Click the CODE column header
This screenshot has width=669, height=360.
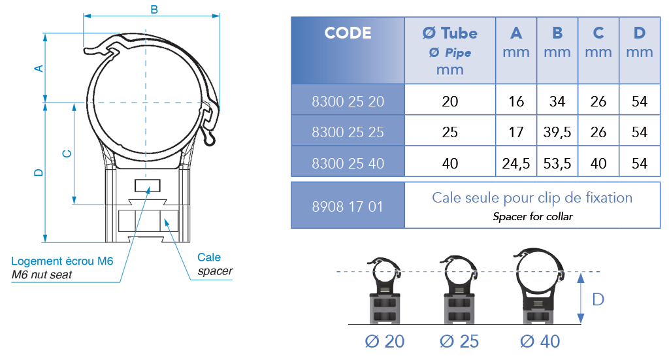[348, 33]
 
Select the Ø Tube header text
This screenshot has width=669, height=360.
[449, 33]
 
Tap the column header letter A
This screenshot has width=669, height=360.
[516, 33]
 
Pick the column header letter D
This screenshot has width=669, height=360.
[640, 33]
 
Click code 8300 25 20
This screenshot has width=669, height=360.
[348, 102]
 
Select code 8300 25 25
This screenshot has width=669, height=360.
[348, 133]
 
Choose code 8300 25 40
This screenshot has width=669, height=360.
[348, 163]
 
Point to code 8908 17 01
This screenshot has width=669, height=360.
[348, 206]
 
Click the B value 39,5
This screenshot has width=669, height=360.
[557, 133]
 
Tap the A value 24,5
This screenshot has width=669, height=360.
[516, 163]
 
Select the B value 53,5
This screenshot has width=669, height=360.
[557, 163]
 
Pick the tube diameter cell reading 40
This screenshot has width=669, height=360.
[449, 163]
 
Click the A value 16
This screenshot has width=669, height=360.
[516, 102]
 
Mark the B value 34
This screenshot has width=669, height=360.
[557, 102]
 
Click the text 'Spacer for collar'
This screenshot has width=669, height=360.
[532, 216]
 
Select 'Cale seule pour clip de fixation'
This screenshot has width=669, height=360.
[532, 198]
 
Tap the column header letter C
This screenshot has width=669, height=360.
[598, 33]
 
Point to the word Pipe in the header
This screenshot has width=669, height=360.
[458, 53]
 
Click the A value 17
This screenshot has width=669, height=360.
[516, 133]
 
